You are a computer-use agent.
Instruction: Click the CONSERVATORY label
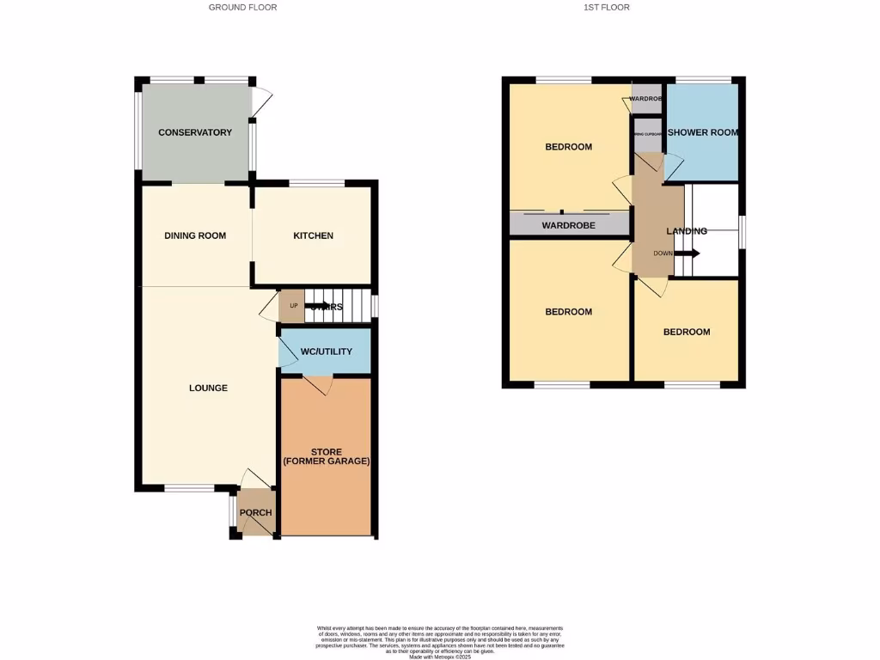pos(195,132)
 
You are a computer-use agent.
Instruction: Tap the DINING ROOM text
pos(195,235)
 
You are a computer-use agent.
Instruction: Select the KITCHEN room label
pos(313,235)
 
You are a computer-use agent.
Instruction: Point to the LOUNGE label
pos(208,388)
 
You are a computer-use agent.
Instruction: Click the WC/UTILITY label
pos(325,352)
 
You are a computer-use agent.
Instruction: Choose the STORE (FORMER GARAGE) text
pos(326,456)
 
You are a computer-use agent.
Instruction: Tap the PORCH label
pos(255,513)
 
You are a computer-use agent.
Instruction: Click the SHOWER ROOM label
pos(703,132)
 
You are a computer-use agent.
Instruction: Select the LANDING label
pos(687,231)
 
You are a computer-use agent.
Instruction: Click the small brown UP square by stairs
pos(292,307)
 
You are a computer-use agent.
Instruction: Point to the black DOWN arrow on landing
pos(691,253)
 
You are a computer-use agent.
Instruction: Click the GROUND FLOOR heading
pos(242,7)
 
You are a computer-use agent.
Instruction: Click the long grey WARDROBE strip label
pos(569,226)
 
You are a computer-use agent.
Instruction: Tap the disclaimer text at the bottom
pos(439,643)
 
